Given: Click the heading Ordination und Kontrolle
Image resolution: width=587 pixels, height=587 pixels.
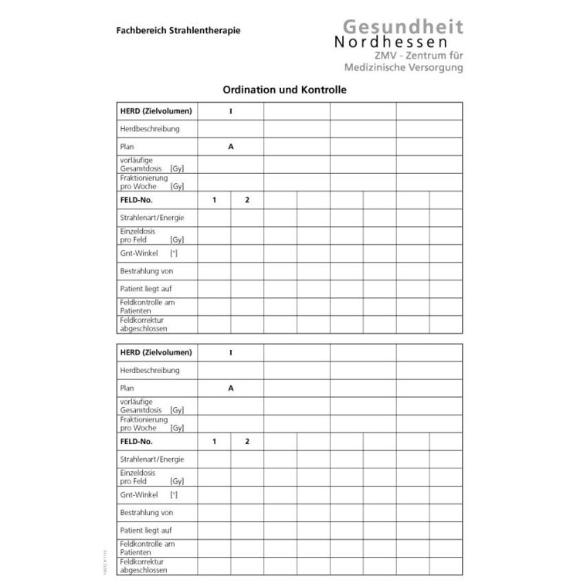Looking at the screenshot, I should tap(284, 90).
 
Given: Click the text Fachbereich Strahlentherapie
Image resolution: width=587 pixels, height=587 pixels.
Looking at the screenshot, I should tap(178, 31).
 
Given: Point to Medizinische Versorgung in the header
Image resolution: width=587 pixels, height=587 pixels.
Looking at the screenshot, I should tap(406, 69).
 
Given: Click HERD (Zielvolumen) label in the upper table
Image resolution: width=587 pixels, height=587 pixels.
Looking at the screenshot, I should tap(156, 111).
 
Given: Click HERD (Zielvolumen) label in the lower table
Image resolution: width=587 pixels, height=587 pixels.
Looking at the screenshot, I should tap(156, 353).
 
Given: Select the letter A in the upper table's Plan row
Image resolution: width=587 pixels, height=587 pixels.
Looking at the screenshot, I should tap(231, 146).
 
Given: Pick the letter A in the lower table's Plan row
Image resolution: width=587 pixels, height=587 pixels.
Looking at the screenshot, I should tap(231, 389).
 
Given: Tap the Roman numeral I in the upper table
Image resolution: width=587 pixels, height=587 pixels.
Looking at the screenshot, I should tap(231, 111).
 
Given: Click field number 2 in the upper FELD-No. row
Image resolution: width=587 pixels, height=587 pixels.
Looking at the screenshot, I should tap(247, 200).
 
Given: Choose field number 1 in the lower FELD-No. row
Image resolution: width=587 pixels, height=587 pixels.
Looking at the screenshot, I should tap(215, 442).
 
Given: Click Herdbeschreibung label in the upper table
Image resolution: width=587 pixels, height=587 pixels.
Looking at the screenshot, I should tap(150, 129).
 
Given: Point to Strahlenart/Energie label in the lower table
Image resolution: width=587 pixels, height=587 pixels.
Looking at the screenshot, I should tap(152, 460).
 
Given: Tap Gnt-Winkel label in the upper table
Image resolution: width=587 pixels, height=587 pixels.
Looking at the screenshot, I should tap(139, 253).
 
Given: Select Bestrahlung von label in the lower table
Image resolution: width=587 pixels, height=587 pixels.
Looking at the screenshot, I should tap(146, 512).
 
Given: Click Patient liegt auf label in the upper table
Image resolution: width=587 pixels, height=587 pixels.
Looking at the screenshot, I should tap(146, 288).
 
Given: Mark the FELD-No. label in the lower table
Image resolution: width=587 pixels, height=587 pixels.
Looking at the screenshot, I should tap(137, 442).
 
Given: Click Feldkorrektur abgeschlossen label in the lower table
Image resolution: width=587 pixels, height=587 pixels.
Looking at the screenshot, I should tap(143, 565).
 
